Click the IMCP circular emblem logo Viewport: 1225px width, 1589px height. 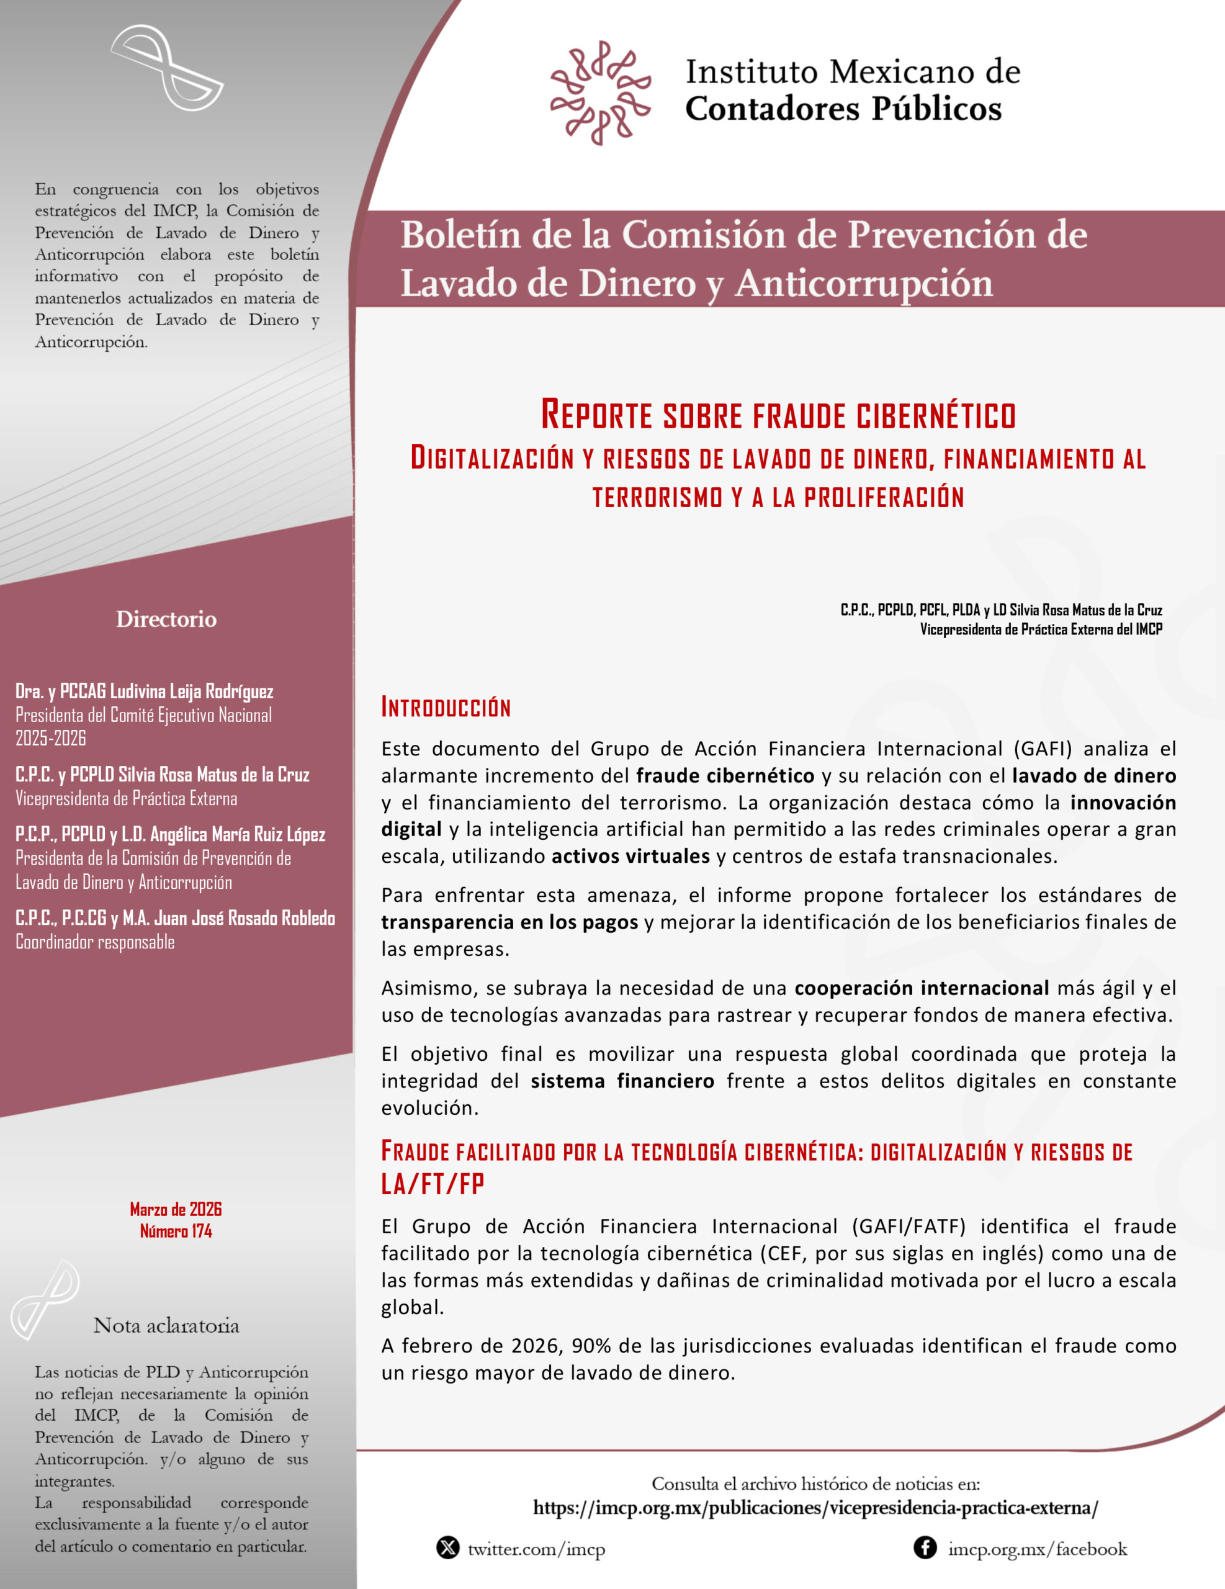pos(600,92)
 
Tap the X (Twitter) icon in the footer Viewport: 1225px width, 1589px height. pos(448,1547)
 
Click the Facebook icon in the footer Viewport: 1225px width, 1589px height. pos(925,1547)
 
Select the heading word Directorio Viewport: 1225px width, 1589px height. pos(166,619)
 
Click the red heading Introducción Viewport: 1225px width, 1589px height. pos(446,707)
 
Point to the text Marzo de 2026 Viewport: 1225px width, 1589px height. pos(176,1209)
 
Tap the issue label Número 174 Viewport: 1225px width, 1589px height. pos(176,1231)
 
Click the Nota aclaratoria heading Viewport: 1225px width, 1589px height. pos(166,1326)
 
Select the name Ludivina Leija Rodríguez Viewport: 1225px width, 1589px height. pos(192,691)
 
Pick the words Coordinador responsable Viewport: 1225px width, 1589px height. pos(96,942)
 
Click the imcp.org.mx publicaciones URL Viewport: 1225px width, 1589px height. pos(815,1508)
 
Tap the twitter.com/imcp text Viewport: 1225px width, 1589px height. pos(536,1549)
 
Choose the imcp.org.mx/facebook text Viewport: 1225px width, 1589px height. pos(1038,1549)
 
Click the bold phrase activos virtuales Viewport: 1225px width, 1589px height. pos(630,857)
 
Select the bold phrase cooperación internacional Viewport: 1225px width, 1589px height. pos(922,988)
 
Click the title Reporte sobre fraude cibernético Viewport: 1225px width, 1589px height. pos(778,415)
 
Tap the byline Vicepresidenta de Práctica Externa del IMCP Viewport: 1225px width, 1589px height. pos(1041,629)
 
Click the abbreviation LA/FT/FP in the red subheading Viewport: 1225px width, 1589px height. pos(433,1184)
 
